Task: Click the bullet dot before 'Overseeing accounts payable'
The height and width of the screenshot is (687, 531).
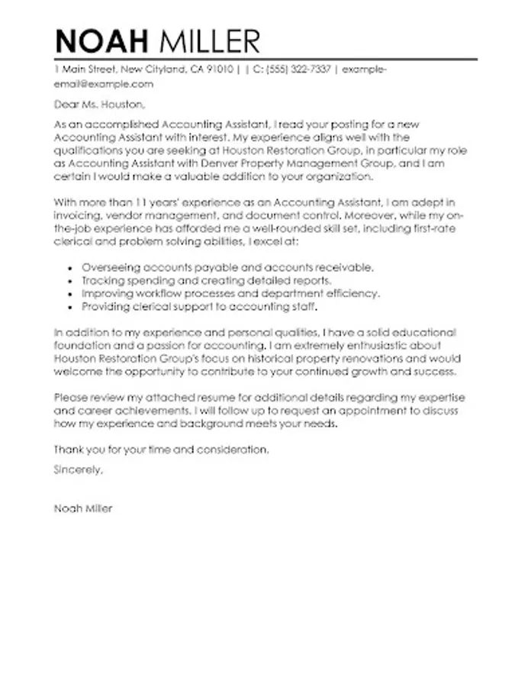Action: tap(71, 268)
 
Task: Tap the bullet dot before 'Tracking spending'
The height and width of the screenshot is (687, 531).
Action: tap(71, 281)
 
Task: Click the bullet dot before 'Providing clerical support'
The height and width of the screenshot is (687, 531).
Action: tap(71, 307)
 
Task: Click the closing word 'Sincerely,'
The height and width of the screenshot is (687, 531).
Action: tap(78, 470)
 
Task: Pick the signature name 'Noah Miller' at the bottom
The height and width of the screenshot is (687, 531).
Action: tap(83, 508)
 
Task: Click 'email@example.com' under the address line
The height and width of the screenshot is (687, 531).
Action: tap(104, 84)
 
